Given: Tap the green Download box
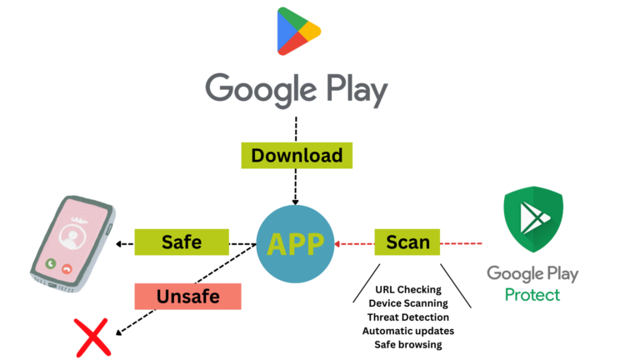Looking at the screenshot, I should click(297, 155).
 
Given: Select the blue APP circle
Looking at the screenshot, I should click(297, 242).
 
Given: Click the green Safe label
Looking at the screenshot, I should click(181, 242).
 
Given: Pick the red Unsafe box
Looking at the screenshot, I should click(187, 296).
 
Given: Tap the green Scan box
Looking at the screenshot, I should click(407, 242).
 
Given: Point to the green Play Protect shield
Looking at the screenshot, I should click(533, 223).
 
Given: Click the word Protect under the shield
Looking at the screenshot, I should click(532, 294).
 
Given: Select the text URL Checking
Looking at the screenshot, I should click(408, 289).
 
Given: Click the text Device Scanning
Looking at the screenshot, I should click(407, 303).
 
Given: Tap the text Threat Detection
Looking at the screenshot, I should click(407, 317).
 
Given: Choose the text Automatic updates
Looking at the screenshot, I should click(407, 331).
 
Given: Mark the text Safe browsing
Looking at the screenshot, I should click(407, 344).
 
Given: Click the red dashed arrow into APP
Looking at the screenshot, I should click(337, 243).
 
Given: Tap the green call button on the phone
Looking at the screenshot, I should click(50, 264).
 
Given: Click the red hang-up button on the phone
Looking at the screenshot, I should click(67, 268).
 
